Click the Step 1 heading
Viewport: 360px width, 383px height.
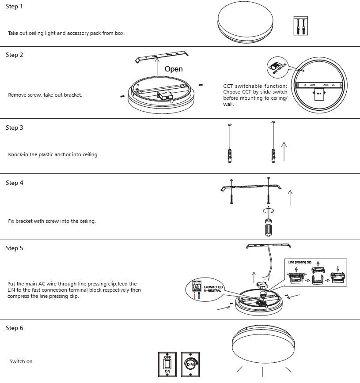point(14,7)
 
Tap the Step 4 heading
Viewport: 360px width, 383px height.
point(14,183)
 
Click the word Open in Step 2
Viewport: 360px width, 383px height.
point(173,69)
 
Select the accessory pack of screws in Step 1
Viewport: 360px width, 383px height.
point(300,26)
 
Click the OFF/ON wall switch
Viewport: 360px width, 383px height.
point(167,364)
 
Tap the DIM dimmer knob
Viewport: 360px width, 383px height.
point(190,364)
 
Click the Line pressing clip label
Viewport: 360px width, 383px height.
point(300,263)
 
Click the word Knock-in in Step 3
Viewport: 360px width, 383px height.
point(18,155)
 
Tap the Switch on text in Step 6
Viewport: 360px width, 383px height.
point(21,361)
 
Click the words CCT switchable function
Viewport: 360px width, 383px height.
point(255,86)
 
